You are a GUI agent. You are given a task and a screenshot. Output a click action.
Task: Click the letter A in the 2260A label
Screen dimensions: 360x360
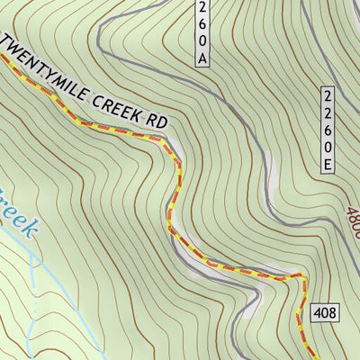click(x=203, y=57)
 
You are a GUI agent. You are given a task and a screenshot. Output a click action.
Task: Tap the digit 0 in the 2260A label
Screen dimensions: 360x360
click(x=203, y=40)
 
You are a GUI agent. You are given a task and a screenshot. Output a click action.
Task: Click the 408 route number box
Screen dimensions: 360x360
click(x=325, y=312)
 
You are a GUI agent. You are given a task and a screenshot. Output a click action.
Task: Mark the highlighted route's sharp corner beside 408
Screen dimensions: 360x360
click(x=302, y=277)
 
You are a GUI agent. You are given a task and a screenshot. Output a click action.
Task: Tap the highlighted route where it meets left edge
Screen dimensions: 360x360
click(x=2, y=56)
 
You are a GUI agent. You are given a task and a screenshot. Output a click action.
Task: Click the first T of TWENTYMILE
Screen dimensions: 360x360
click(x=11, y=44)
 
